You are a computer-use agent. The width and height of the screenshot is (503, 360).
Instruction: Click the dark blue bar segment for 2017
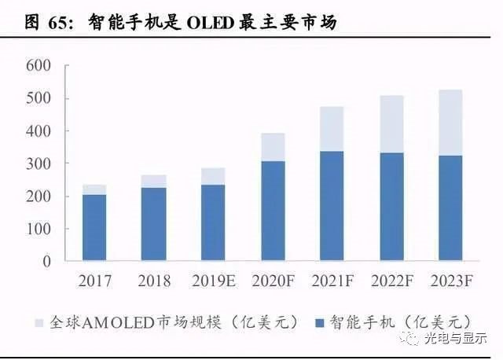[x=94, y=227]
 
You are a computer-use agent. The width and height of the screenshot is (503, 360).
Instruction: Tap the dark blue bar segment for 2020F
[x=273, y=211]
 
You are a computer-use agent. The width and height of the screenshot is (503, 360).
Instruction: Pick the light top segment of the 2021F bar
[x=332, y=129]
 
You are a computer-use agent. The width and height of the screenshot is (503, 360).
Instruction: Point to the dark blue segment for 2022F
[x=391, y=206]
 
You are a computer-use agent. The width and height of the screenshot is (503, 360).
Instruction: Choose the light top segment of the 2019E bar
[x=213, y=176]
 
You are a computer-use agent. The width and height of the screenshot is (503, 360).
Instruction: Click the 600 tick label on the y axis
[x=38, y=66]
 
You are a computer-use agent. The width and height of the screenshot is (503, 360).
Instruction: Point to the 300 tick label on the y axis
[x=38, y=163]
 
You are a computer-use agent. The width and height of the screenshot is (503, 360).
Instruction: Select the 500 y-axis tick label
[x=38, y=99]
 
